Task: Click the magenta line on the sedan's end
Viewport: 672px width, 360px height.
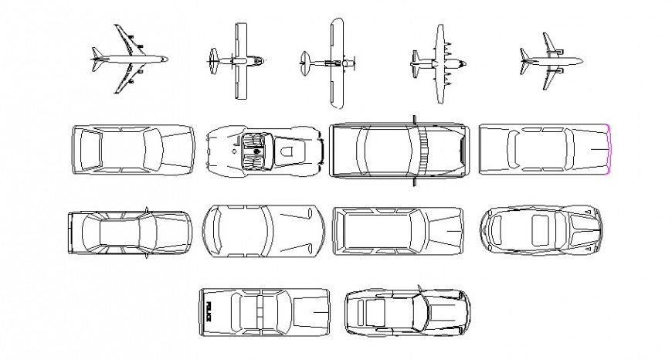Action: (609, 148)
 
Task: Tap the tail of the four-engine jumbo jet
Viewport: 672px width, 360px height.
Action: (96, 58)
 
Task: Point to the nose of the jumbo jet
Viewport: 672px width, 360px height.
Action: (165, 58)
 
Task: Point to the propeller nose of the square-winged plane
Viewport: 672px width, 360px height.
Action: (264, 58)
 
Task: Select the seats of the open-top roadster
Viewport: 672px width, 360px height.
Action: (253, 149)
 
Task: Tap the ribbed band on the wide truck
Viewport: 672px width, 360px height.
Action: (423, 149)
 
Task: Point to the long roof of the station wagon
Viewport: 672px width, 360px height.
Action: (378, 230)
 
